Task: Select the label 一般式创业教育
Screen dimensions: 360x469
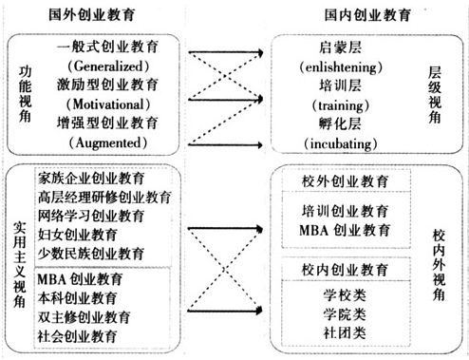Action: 107,46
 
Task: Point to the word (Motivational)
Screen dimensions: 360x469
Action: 107,104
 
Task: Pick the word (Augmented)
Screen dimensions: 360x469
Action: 107,142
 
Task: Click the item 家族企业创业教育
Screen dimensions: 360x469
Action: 91,178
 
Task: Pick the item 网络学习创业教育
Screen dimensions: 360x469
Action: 91,216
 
